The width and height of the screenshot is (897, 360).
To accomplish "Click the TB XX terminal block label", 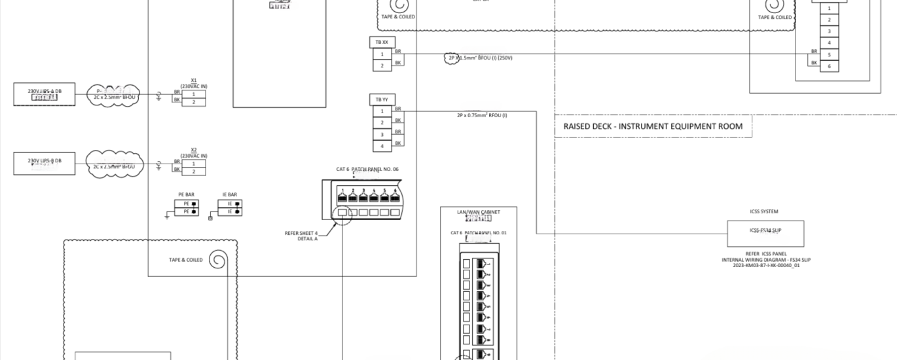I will click(x=382, y=42).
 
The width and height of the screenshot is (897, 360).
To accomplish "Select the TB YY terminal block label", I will click(x=382, y=99).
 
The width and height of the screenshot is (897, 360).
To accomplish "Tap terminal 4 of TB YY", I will click(x=382, y=145).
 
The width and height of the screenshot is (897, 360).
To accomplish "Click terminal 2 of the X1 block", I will click(x=193, y=102).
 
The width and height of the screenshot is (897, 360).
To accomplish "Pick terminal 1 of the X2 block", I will click(x=193, y=163).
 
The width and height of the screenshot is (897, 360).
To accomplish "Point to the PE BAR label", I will click(x=186, y=194).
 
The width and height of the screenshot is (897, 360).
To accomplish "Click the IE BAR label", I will click(x=229, y=194).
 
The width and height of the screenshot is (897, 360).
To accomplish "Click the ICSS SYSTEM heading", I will click(x=764, y=211).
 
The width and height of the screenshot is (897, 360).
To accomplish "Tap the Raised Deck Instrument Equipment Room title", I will click(x=653, y=126).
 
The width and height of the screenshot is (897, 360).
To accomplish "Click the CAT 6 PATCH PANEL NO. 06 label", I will click(x=367, y=169).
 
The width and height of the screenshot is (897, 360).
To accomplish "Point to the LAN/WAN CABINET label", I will click(x=478, y=212).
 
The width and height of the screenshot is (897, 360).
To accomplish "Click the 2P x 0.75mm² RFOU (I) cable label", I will click(x=482, y=115).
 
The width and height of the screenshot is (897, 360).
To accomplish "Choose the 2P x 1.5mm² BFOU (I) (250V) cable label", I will click(x=480, y=58).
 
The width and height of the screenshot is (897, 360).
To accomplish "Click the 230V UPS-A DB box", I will click(x=45, y=94).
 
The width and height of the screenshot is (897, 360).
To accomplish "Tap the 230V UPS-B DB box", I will click(x=45, y=163).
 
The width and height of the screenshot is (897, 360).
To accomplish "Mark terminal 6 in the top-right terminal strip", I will click(x=829, y=66).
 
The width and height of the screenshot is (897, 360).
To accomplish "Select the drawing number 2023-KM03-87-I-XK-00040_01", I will click(x=766, y=265).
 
